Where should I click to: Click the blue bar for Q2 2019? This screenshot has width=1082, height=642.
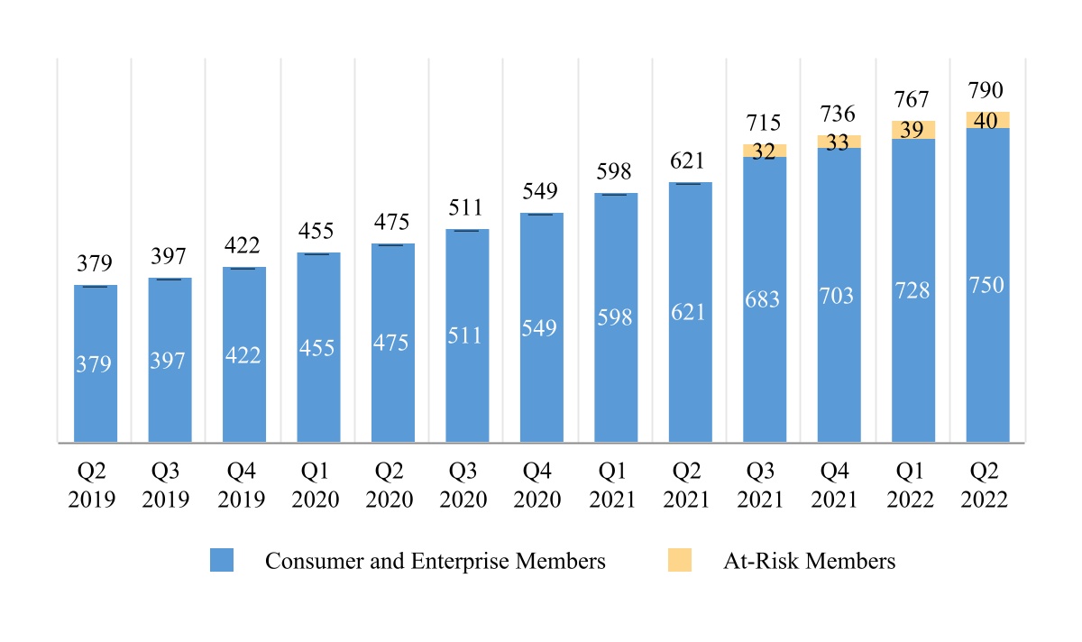coord(95,363)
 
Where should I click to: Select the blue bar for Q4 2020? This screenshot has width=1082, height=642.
coord(541,327)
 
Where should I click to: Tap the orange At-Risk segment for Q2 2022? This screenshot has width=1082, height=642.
coord(987,120)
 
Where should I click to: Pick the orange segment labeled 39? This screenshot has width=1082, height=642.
coord(913,130)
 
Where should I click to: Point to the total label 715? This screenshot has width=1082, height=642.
coord(765,123)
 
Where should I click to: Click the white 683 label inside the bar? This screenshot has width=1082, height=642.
coord(765,299)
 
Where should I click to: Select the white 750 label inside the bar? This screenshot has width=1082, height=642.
coord(987,285)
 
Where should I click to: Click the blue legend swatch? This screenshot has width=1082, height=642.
coord(222,561)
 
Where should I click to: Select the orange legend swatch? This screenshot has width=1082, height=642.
coord(679,561)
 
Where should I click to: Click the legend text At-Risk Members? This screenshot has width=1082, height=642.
coord(809,561)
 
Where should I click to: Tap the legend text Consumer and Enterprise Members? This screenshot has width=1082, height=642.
coord(435,561)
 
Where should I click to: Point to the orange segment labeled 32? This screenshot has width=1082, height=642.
coord(765,151)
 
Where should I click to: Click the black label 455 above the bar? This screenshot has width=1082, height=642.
coord(318,231)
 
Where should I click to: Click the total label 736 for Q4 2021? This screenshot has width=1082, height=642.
coord(839,114)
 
